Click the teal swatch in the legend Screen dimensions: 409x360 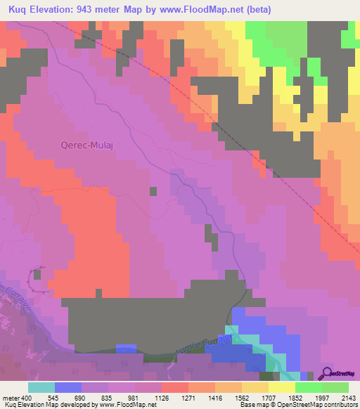[x=41, y=387]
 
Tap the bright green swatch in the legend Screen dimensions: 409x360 [x=309, y=387]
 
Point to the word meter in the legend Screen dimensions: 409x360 [x=10, y=397]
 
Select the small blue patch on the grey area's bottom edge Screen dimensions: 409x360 [x=125, y=348]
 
